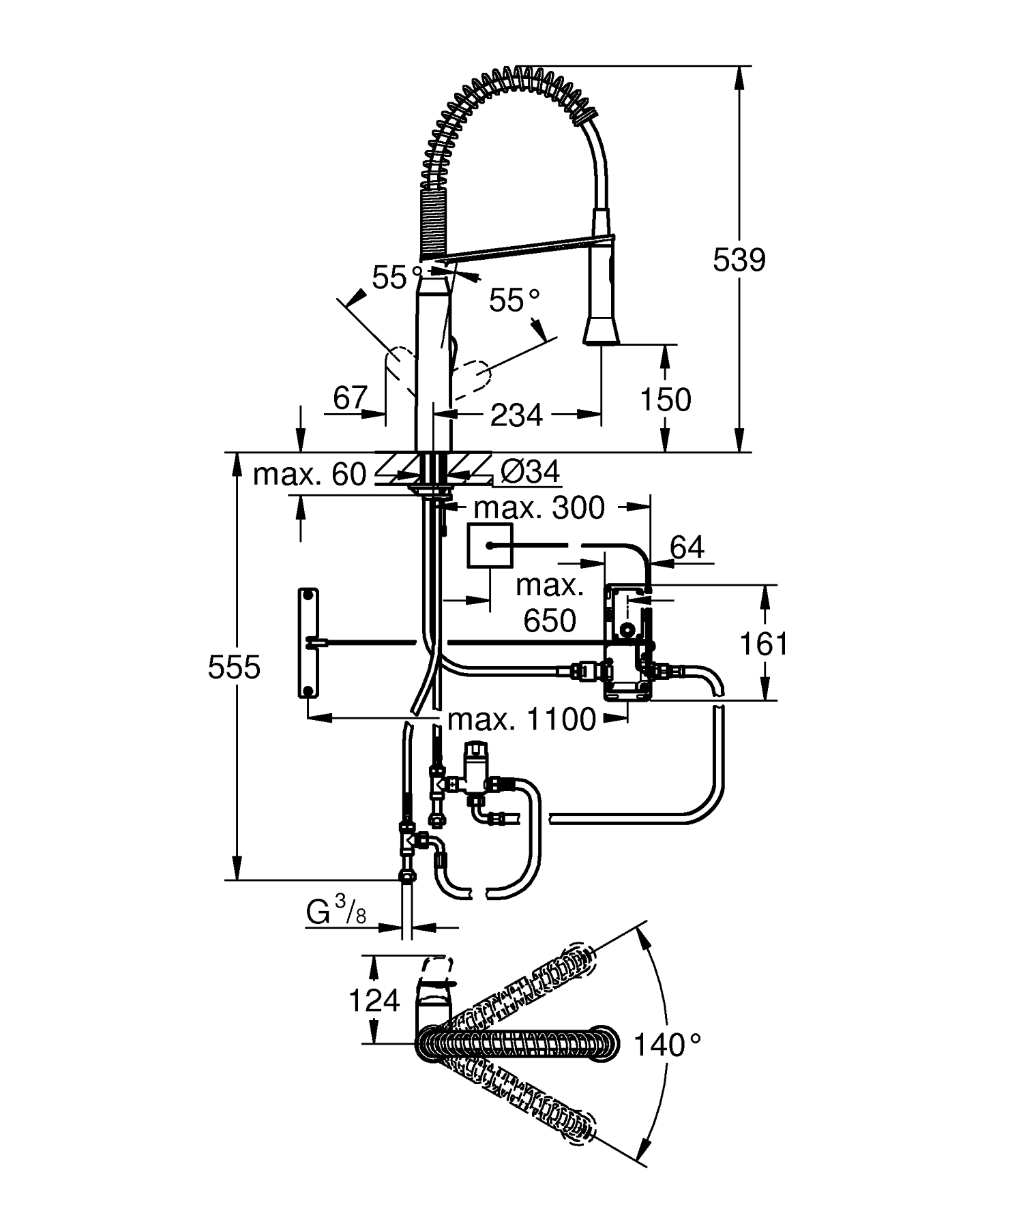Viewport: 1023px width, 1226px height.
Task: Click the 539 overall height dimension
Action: click(739, 260)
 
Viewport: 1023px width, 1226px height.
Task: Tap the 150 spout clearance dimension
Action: click(665, 400)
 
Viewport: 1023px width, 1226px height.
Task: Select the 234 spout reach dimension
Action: click(516, 415)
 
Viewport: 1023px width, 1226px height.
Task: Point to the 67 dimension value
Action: click(350, 398)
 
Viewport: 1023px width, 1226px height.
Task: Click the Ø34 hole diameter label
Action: click(530, 472)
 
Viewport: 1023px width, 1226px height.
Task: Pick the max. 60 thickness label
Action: click(310, 474)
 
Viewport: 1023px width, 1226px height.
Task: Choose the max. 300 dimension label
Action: click(539, 508)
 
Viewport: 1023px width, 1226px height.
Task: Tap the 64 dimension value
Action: click(687, 547)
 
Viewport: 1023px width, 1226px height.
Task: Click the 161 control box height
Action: click(764, 643)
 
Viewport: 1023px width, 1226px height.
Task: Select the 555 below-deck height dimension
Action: click(234, 667)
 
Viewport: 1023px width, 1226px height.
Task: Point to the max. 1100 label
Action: click(522, 719)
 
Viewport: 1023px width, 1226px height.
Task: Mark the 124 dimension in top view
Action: click(374, 1000)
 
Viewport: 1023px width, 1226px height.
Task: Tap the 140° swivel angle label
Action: click(667, 1045)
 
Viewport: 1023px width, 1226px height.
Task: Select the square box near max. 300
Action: click(490, 546)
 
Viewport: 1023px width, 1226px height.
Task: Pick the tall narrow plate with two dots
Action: click(309, 642)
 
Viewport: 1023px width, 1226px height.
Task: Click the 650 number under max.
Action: click(550, 621)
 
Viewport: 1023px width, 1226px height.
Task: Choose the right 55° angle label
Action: click(514, 300)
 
